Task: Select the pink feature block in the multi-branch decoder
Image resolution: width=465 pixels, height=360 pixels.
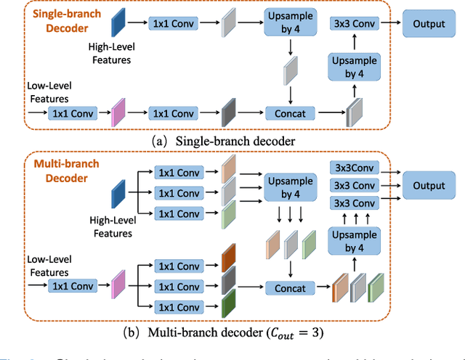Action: click(x=117, y=283)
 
